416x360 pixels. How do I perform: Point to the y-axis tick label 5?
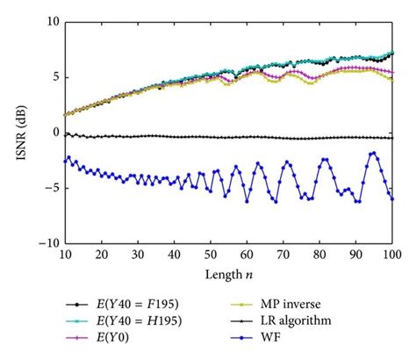pyautogui.click(x=53, y=76)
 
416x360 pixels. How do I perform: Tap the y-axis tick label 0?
pyautogui.click(x=53, y=133)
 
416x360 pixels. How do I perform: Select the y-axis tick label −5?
pyautogui.click(x=49, y=188)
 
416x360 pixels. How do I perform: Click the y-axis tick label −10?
pyautogui.click(x=47, y=243)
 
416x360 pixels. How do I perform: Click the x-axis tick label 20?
pyautogui.click(x=101, y=255)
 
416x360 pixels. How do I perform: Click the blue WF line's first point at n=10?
pyautogui.click(x=65, y=162)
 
